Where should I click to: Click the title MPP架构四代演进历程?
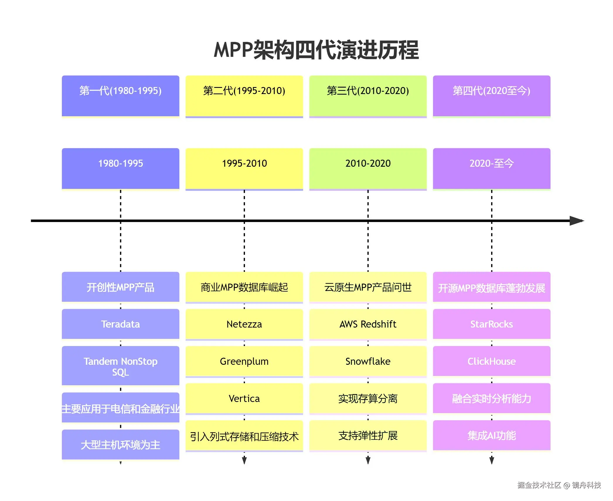(x=316, y=50)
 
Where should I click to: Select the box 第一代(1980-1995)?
(x=120, y=96)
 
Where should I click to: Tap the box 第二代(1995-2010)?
(x=244, y=96)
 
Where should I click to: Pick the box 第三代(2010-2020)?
(x=368, y=96)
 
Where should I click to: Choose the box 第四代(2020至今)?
(x=491, y=96)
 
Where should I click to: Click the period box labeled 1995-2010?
(x=244, y=168)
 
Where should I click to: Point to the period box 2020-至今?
(x=491, y=168)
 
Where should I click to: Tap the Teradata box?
(x=120, y=324)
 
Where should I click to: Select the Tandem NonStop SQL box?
(x=120, y=366)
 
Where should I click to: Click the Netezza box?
(x=244, y=324)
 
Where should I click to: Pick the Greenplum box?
(x=244, y=361)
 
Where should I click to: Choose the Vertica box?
(x=244, y=398)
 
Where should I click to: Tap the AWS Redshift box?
(x=368, y=324)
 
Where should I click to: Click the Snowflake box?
(x=368, y=361)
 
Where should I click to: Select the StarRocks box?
(x=491, y=324)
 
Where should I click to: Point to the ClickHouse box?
(x=491, y=361)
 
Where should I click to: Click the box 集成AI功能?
(x=491, y=436)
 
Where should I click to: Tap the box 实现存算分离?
(x=368, y=398)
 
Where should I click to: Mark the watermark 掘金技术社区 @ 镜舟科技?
(x=559, y=485)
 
